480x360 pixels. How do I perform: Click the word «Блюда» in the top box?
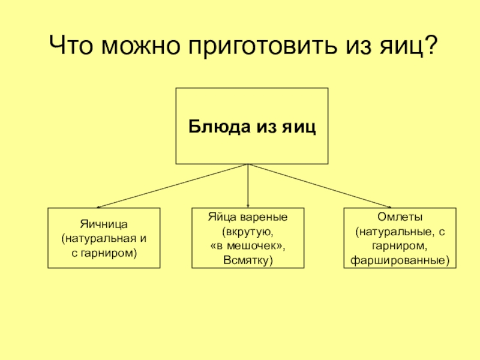[216, 127]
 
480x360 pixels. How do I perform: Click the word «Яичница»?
[104, 224]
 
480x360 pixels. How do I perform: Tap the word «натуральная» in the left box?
[98, 238]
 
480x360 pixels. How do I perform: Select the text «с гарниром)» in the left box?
[104, 253]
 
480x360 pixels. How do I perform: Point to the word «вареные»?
[266, 217]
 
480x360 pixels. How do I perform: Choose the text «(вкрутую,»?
[248, 231]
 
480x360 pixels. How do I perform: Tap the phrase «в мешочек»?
[248, 245]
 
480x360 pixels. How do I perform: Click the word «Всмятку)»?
[248, 260]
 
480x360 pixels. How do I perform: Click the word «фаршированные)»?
[400, 260]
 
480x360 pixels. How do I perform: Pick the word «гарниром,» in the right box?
[400, 245]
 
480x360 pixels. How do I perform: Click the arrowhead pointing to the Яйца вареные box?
[248, 206]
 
